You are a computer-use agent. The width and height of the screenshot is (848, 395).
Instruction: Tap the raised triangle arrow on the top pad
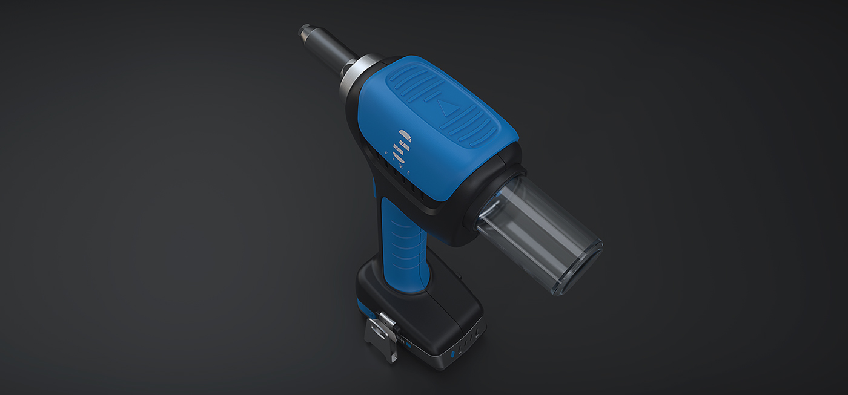446,109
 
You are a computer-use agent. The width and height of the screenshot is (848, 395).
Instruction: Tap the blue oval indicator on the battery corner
452,353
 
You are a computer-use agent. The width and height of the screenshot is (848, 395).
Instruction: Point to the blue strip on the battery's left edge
363,309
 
